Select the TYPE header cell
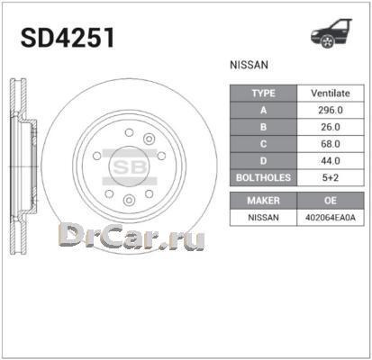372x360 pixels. click(263, 93)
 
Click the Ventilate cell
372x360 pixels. click(331, 93)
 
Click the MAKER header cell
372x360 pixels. click(263, 200)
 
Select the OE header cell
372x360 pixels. click(331, 200)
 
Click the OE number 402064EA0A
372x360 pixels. click(331, 217)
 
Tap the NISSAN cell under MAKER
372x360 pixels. click(263, 217)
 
